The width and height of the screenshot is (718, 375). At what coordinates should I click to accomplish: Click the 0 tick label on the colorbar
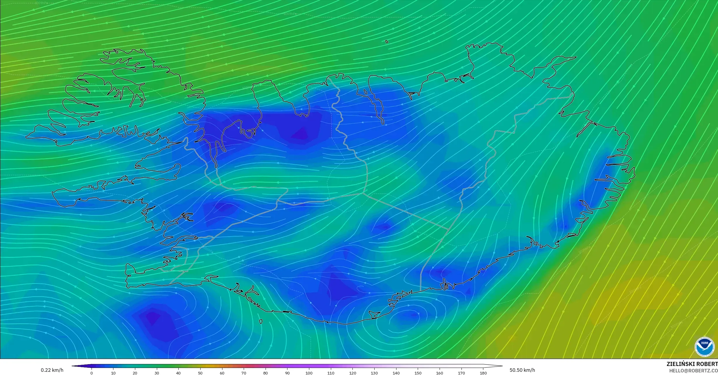tap(92, 373)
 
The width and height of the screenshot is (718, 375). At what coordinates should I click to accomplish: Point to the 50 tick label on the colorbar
tap(200, 373)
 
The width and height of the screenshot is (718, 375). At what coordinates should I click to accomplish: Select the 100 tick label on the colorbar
tap(309, 373)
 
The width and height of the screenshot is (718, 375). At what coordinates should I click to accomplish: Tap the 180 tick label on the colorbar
tap(483, 373)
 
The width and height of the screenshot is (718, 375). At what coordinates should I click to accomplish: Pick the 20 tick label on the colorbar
tap(135, 373)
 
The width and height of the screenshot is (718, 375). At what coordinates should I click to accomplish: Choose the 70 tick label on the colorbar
tap(244, 373)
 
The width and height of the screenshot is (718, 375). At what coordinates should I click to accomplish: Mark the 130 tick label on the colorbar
tap(374, 373)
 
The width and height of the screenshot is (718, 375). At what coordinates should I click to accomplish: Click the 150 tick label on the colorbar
tap(418, 373)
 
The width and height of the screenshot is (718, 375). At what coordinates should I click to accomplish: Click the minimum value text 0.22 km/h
tap(52, 370)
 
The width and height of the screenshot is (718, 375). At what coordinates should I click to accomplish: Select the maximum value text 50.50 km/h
tap(522, 370)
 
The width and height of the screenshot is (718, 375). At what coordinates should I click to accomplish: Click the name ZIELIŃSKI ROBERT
tap(692, 364)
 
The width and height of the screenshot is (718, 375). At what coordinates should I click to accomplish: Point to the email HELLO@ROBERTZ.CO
tap(693, 371)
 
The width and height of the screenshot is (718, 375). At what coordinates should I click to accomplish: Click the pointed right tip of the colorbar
tap(502, 366)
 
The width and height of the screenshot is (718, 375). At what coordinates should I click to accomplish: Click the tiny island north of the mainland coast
tap(387, 42)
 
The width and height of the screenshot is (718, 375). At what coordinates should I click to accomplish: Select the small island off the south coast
tap(261, 322)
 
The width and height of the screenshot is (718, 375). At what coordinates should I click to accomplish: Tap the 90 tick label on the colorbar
tap(287, 373)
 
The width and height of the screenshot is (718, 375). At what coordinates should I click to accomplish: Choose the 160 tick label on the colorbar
tap(440, 373)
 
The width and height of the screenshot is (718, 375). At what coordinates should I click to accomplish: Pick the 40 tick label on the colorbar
tap(178, 373)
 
